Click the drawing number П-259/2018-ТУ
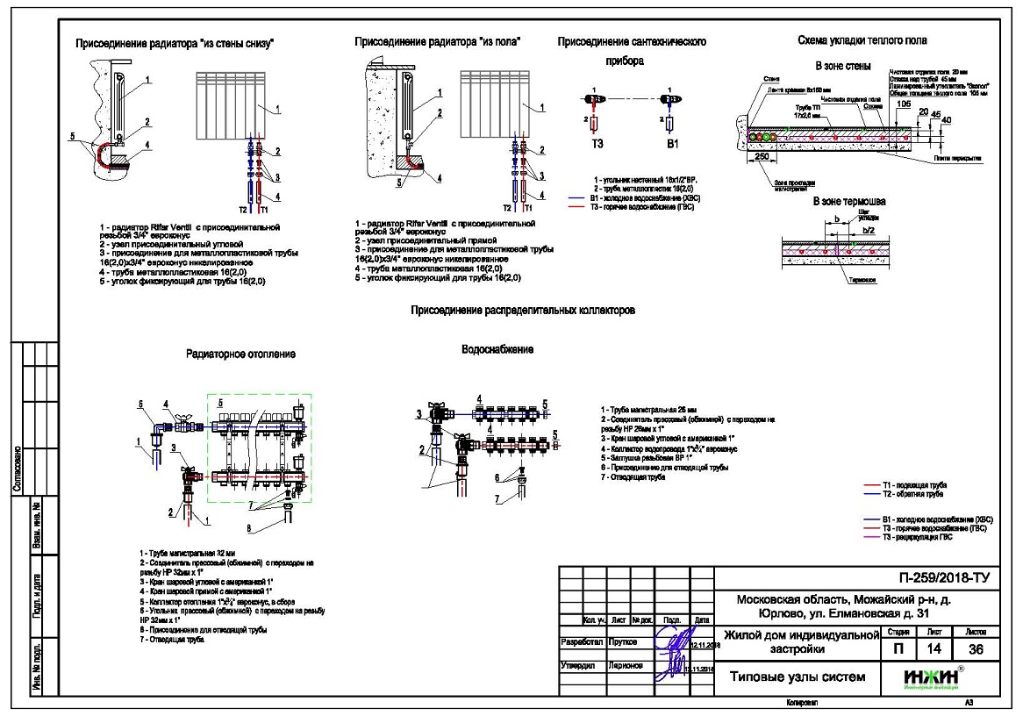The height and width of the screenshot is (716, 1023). (x=940, y=579)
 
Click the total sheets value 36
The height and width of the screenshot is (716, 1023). (x=975, y=649)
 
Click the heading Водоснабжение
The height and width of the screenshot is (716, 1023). (x=497, y=349)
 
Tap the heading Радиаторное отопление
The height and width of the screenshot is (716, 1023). (x=240, y=354)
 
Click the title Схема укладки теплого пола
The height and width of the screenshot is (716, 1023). (x=862, y=40)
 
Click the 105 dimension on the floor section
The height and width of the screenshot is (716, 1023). (x=904, y=103)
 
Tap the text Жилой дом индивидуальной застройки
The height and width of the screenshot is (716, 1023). (x=798, y=642)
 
